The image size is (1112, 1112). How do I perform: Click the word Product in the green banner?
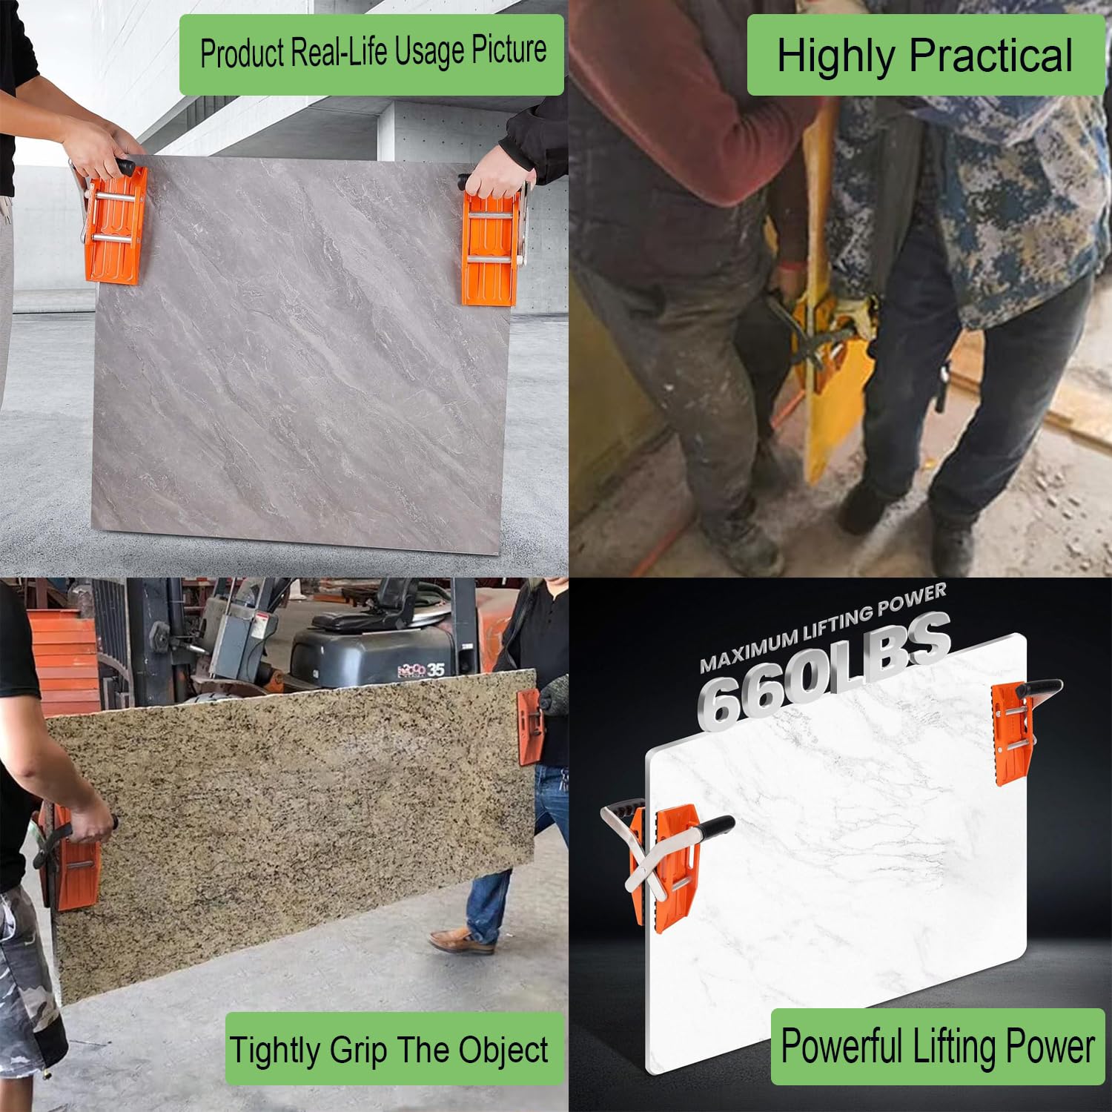click(x=242, y=53)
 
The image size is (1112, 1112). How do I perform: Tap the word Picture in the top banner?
click(x=509, y=50)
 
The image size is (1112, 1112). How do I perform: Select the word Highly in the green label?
click(x=835, y=56)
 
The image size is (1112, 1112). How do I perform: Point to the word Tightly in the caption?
click(x=276, y=1051)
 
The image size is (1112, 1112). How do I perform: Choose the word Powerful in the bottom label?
click(x=842, y=1046)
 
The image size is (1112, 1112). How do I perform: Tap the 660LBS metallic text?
click(x=824, y=670)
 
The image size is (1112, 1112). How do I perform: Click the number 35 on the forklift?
click(x=435, y=670)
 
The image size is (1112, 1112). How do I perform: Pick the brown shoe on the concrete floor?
click(x=461, y=940)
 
